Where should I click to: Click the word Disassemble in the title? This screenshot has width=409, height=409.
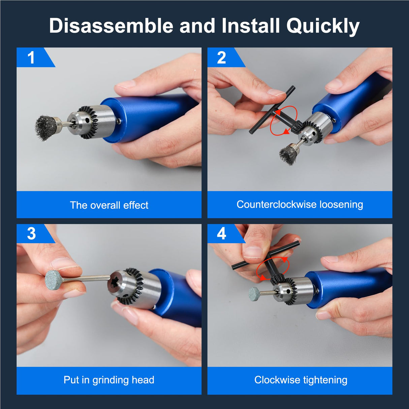pos(112,26)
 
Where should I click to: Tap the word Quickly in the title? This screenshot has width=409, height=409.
pos(323,26)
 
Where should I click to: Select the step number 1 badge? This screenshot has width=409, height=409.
pos(31,57)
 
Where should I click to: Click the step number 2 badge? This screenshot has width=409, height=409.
pos(221,58)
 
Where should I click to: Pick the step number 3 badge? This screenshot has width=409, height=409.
pos(31,233)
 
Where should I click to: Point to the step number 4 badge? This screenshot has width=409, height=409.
pos(221,233)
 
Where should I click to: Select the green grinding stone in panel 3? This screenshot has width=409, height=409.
pos(54,280)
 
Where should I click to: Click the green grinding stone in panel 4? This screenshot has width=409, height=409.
pos(255,293)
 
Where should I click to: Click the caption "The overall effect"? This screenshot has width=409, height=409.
pos(109,205)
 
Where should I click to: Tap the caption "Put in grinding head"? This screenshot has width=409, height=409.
pos(109,380)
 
